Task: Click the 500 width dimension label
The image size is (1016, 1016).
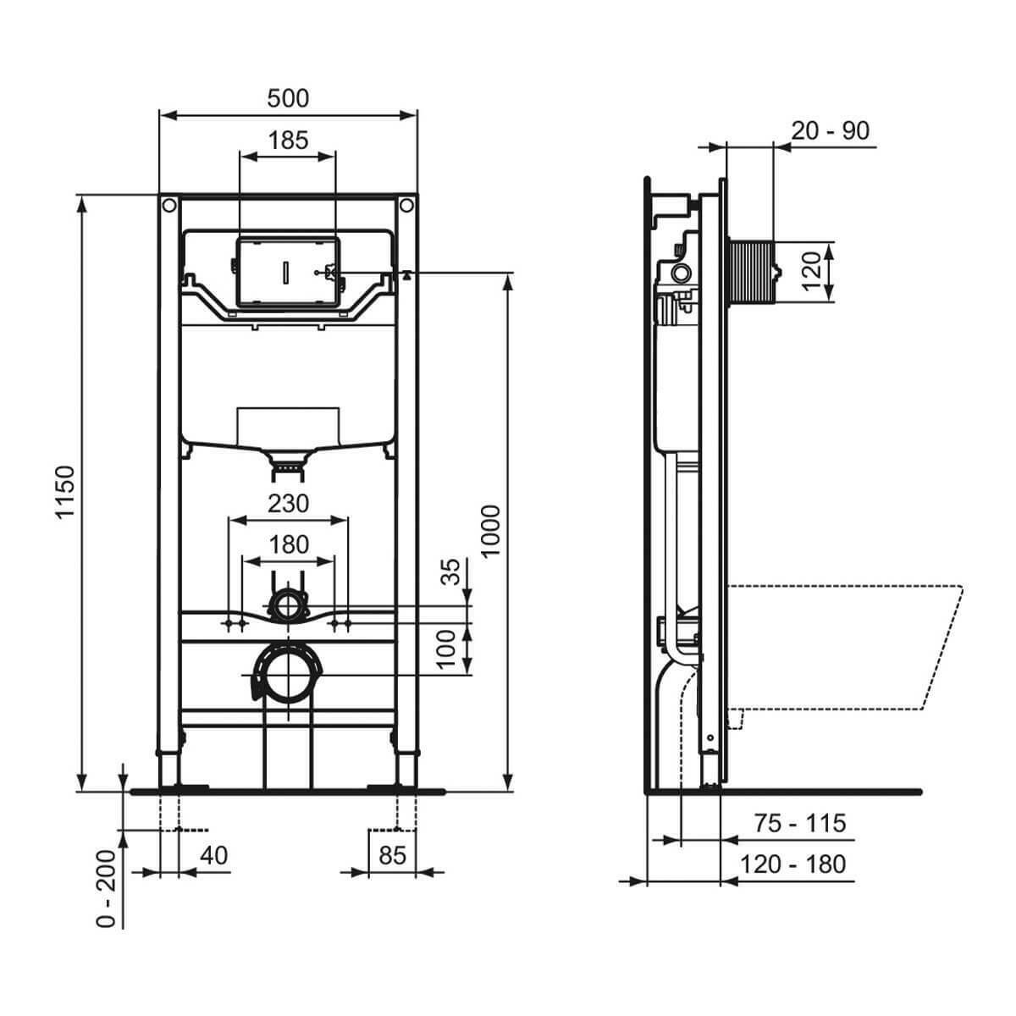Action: click(x=288, y=98)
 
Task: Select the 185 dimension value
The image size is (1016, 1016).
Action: click(x=288, y=141)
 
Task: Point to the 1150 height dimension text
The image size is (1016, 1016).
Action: click(x=66, y=492)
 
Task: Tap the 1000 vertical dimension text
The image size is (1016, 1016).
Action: click(x=490, y=530)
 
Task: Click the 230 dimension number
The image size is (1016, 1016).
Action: click(x=288, y=504)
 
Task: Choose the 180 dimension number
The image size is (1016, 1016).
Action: click(x=288, y=544)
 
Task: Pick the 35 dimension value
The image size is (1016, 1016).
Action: click(x=450, y=571)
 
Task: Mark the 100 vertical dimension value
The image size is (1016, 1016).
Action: click(x=446, y=649)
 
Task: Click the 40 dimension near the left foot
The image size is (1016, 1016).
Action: click(x=214, y=855)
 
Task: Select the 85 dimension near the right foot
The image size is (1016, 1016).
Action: click(x=393, y=855)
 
